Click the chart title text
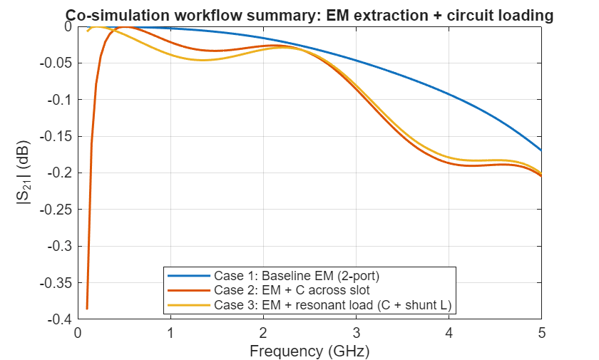[309, 16]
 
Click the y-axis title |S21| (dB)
[24, 173]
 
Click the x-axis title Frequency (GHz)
[309, 351]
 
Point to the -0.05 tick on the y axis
[56, 63]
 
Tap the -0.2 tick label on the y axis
[59, 173]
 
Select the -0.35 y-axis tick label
[56, 283]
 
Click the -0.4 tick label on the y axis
[59, 319]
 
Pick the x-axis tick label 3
[356, 334]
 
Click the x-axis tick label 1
[170, 334]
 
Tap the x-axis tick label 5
[542, 334]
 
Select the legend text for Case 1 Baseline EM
[297, 276]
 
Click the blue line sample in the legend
[189, 276]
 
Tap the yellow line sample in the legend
[189, 305]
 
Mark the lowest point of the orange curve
[87, 309]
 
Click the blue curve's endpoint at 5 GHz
[541, 150]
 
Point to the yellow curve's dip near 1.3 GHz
[203, 60]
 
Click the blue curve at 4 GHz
[449, 94]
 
